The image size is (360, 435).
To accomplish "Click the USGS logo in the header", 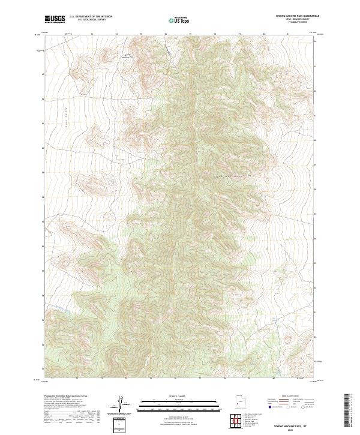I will (55, 19).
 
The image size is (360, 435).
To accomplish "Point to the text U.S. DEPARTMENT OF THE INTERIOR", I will (91, 17).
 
